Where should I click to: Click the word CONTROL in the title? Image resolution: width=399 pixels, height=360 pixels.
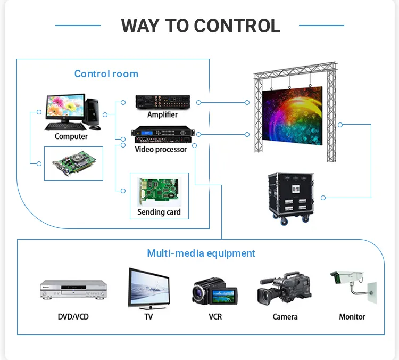coord(237,25)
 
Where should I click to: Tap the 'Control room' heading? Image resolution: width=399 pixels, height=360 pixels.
coord(106,74)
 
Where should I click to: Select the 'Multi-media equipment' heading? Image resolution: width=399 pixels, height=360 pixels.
coord(201,253)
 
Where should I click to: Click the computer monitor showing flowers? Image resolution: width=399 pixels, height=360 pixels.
coord(65,109)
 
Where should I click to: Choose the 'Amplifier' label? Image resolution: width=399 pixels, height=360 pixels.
coord(162,115)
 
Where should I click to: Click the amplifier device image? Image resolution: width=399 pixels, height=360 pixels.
coord(163,101)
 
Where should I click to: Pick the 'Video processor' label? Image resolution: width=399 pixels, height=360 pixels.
coord(161,150)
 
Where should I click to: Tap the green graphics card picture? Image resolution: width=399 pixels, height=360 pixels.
coord(73,163)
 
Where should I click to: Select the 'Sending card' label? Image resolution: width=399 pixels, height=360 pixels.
coord(159,212)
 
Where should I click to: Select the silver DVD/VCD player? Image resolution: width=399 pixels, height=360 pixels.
coord(73,290)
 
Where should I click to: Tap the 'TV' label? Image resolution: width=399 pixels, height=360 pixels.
coord(148,317)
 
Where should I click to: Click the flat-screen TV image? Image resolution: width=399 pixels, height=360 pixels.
coord(148,288)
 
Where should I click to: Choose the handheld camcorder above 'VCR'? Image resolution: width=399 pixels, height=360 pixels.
coord(214,292)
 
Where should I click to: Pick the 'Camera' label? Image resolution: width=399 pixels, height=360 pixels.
coord(285,317)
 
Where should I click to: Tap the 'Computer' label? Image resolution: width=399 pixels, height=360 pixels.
coord(71,136)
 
